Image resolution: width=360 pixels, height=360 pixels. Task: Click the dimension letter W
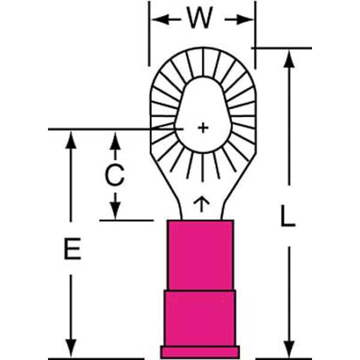(199, 19)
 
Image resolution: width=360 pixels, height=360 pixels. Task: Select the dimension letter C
(114, 176)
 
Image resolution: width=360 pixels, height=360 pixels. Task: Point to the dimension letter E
(72, 250)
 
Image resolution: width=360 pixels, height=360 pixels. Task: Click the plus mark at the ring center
(203, 128)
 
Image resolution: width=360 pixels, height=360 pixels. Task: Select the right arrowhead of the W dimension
(247, 19)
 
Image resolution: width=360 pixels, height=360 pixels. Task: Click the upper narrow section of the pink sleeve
(200, 255)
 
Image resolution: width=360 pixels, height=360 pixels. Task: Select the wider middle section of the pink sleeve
(200, 318)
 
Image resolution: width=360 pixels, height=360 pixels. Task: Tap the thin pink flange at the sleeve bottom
(200, 352)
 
